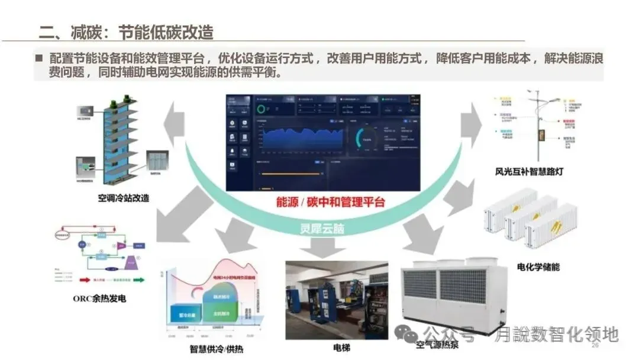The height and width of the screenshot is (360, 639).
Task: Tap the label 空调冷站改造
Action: click(x=124, y=198)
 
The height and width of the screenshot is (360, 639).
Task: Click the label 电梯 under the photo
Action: click(x=341, y=347)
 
